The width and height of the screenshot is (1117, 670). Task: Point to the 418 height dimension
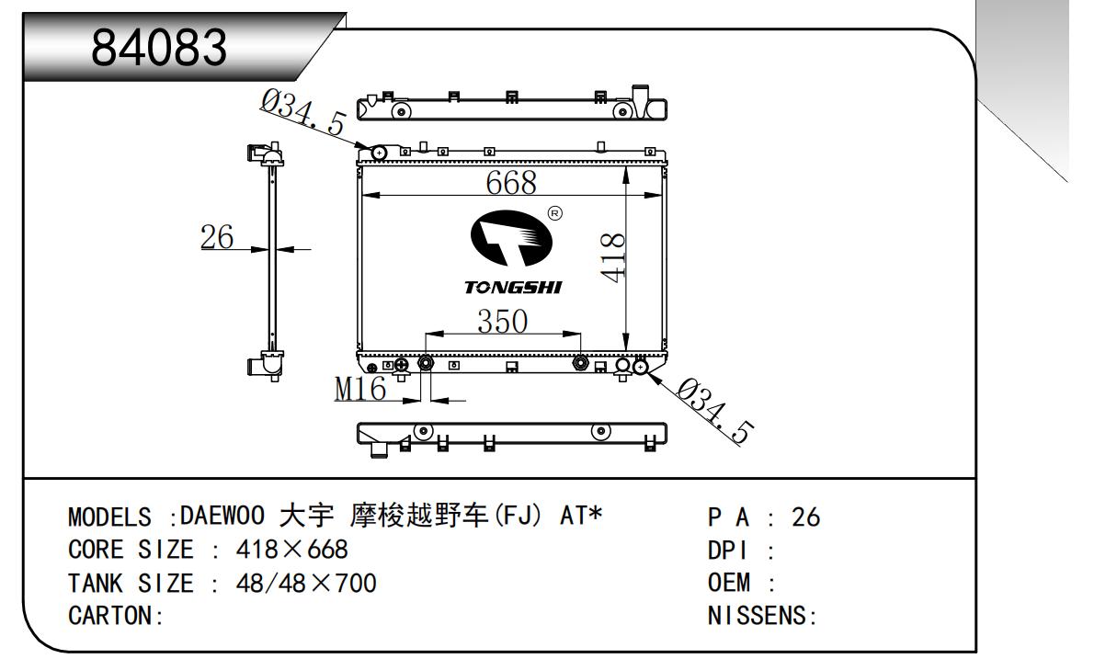coord(613,256)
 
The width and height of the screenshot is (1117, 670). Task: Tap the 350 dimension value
coord(502,322)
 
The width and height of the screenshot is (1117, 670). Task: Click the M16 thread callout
coord(360,390)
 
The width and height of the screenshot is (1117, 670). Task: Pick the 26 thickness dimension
coord(218,236)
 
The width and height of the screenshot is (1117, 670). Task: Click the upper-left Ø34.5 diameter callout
coord(302,117)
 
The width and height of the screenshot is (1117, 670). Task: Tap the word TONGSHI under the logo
coord(514,287)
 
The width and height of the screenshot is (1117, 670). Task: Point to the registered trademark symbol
coord(554,213)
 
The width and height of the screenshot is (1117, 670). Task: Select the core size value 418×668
coord(292,550)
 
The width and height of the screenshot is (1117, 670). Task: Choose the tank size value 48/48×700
coord(306,583)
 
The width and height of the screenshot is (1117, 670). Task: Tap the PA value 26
coord(805,517)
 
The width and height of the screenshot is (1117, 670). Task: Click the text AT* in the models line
coord(581,517)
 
